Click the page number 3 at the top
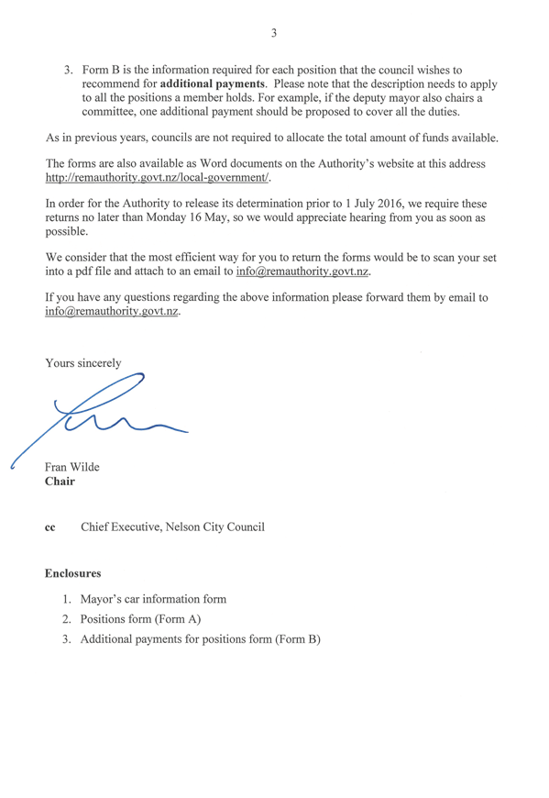(274, 33)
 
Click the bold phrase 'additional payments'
(213, 84)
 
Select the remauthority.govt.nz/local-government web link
(157, 178)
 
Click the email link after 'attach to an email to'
(302, 272)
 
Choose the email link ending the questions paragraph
(112, 311)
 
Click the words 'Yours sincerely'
(83, 363)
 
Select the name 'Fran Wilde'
(72, 467)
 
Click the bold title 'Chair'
(60, 482)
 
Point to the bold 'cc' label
(49, 527)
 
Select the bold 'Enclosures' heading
(72, 573)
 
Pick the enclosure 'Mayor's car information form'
(153, 599)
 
